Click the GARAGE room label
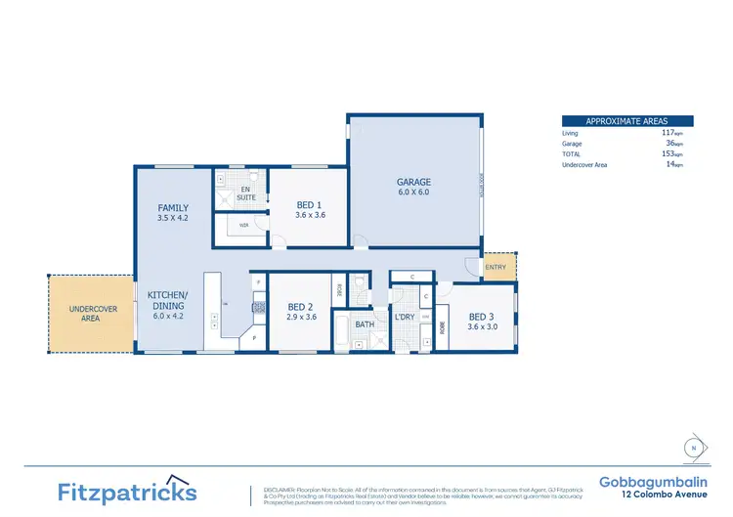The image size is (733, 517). pos(413,182)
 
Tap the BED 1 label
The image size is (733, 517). pos(310,205)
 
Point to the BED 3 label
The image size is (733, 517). pos(482,317)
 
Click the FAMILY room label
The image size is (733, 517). pos(173,208)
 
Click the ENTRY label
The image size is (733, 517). pos(496,268)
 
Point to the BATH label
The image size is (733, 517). pos(365,323)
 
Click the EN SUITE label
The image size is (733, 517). pos(246,193)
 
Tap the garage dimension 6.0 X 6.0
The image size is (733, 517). pos(413,193)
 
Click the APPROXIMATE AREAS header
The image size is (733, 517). pos(627,120)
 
